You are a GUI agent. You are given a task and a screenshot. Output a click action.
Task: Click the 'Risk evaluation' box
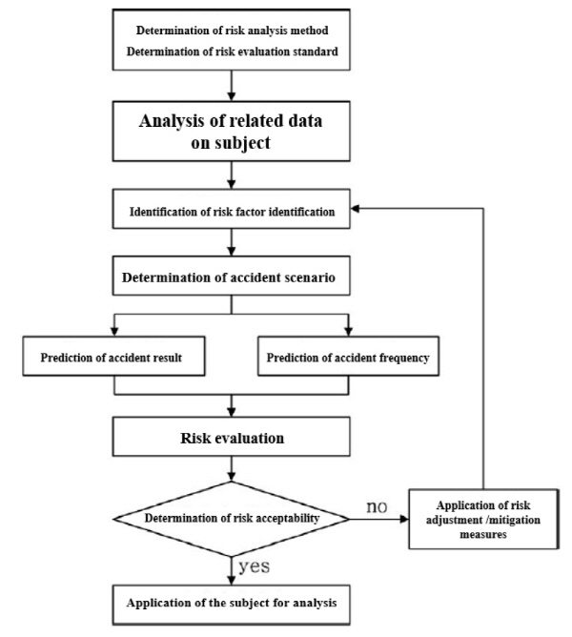point(231,437)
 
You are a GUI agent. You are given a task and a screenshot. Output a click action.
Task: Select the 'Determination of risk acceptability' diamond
point(231,519)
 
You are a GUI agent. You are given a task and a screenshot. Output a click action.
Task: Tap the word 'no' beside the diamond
point(377,507)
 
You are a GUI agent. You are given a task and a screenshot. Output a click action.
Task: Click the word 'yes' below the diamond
point(254,566)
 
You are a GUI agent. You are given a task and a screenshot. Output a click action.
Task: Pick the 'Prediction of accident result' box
point(113,356)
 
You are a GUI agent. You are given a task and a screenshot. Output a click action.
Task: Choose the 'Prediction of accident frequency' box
point(348,356)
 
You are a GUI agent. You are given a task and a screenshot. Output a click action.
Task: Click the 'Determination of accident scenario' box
point(231,276)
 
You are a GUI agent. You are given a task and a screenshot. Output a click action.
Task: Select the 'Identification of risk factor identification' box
point(231,209)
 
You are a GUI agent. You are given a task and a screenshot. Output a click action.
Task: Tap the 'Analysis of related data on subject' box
point(231,132)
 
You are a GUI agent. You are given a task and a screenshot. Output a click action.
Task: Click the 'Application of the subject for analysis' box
point(231,605)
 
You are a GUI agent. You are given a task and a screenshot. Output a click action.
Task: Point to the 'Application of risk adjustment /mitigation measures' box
point(483,519)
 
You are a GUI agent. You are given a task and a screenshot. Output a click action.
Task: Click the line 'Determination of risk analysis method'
point(232,31)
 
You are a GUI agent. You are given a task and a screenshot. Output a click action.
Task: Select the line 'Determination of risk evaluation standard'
point(232,51)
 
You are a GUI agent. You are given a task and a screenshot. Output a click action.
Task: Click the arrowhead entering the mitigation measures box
point(404,519)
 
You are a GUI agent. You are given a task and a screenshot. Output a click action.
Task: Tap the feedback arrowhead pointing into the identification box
point(355,209)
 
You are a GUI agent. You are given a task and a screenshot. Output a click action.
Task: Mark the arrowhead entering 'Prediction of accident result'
point(114,331)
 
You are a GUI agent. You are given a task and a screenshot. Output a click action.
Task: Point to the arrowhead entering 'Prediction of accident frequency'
point(348,331)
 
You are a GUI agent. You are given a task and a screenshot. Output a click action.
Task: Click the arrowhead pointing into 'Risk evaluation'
point(231,412)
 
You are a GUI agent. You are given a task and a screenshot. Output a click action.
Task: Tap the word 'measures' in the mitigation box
point(483,534)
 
